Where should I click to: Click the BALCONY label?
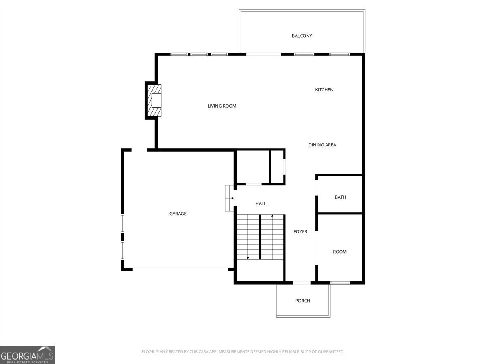pos(302,36)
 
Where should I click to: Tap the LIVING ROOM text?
pos(222,106)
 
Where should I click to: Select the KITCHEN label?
pos(324,90)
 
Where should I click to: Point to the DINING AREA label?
pos(322,145)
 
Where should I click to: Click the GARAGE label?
pos(178,214)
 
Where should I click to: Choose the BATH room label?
pos(340,197)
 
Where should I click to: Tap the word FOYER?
pos(300,231)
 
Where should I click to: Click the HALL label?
pos(261,203)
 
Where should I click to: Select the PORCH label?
pos(303,301)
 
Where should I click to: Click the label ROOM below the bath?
pos(339,252)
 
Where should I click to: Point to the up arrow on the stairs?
pos(272,216)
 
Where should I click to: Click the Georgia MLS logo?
pos(27,355)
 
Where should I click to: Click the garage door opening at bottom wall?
pos(180,269)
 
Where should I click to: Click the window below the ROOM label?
pos(340,282)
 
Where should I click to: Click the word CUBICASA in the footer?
pos(200,352)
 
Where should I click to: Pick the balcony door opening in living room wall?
pos(264,54)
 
